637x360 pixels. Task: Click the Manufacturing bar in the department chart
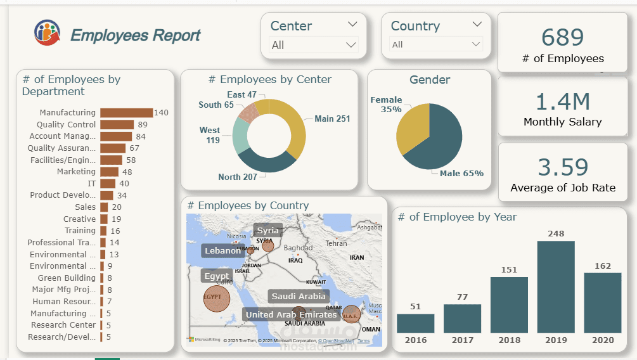point(126,113)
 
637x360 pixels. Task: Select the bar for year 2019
point(556,286)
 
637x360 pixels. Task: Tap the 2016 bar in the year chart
point(415,323)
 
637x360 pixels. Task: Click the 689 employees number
point(563,37)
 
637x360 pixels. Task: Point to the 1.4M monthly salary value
point(563,101)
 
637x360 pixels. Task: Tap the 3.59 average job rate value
point(563,167)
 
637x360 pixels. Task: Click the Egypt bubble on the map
point(216,299)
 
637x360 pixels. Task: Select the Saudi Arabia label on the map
point(299,296)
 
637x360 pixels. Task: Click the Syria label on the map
point(267,231)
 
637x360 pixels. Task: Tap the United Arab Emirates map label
point(291,314)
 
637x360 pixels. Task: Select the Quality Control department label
point(66,125)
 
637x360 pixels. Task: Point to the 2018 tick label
point(509,340)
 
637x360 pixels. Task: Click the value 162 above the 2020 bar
point(603,266)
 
